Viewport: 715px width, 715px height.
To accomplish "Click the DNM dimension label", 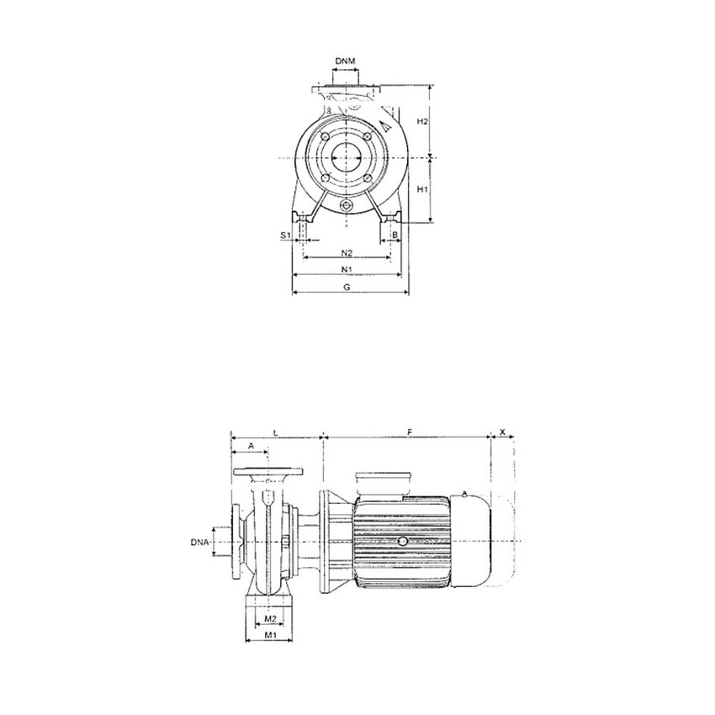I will click(345, 61).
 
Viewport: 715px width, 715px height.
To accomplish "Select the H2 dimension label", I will click(425, 121).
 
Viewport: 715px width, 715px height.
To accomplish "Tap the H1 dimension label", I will click(424, 190).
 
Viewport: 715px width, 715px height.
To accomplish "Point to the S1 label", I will click(285, 236).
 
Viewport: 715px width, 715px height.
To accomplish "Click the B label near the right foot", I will click(394, 236).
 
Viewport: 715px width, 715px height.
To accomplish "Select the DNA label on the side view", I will click(200, 543).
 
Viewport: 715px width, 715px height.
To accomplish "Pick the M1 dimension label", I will click(270, 636).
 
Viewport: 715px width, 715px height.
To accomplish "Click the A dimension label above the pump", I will click(249, 445).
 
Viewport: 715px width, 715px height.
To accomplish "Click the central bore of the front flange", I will click(346, 158).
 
